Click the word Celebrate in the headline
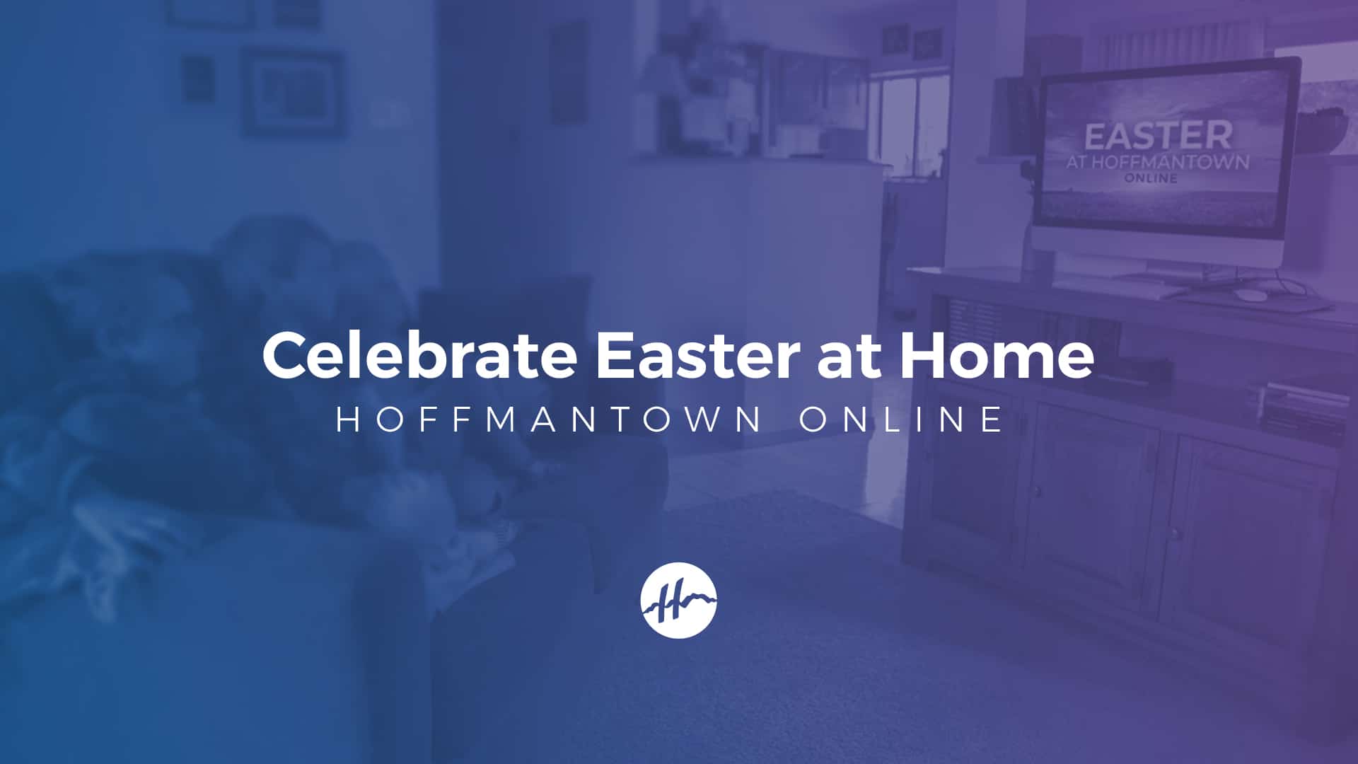click(419, 354)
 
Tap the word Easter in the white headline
click(697, 354)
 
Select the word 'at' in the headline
click(849, 358)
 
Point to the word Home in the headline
click(997, 354)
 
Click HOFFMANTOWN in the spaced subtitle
click(549, 419)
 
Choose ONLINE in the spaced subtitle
click(901, 419)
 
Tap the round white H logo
click(678, 600)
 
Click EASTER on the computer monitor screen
click(1158, 136)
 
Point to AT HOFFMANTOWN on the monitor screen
click(1158, 162)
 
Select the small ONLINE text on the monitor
click(1151, 178)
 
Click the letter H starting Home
click(922, 354)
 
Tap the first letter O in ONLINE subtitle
click(814, 419)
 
